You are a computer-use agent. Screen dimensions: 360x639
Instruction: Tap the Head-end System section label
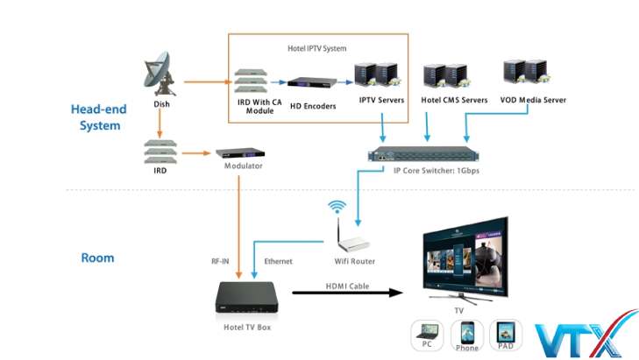(x=99, y=117)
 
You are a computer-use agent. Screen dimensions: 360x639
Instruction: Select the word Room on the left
(x=97, y=258)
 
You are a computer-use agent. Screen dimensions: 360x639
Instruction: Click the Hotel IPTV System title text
(x=317, y=47)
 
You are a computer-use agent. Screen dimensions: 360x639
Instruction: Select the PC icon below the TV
(x=427, y=334)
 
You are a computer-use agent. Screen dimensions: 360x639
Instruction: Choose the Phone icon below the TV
(x=466, y=334)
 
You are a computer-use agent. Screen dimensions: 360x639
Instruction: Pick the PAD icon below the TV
(x=506, y=334)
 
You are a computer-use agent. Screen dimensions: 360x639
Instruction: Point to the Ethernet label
(x=278, y=261)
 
